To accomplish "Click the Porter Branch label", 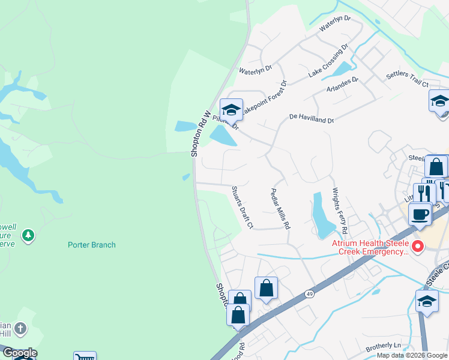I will (x=91, y=245).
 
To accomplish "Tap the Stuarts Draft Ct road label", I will (x=243, y=207).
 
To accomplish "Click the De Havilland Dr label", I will (x=311, y=118).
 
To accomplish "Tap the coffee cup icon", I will (x=420, y=214).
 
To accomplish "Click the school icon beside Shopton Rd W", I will (x=231, y=109).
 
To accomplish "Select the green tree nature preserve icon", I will (x=28, y=236).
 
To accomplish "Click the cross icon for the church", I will (x=21, y=328).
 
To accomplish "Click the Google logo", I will (x=20, y=353).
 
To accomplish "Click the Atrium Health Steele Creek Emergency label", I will (x=371, y=247).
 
